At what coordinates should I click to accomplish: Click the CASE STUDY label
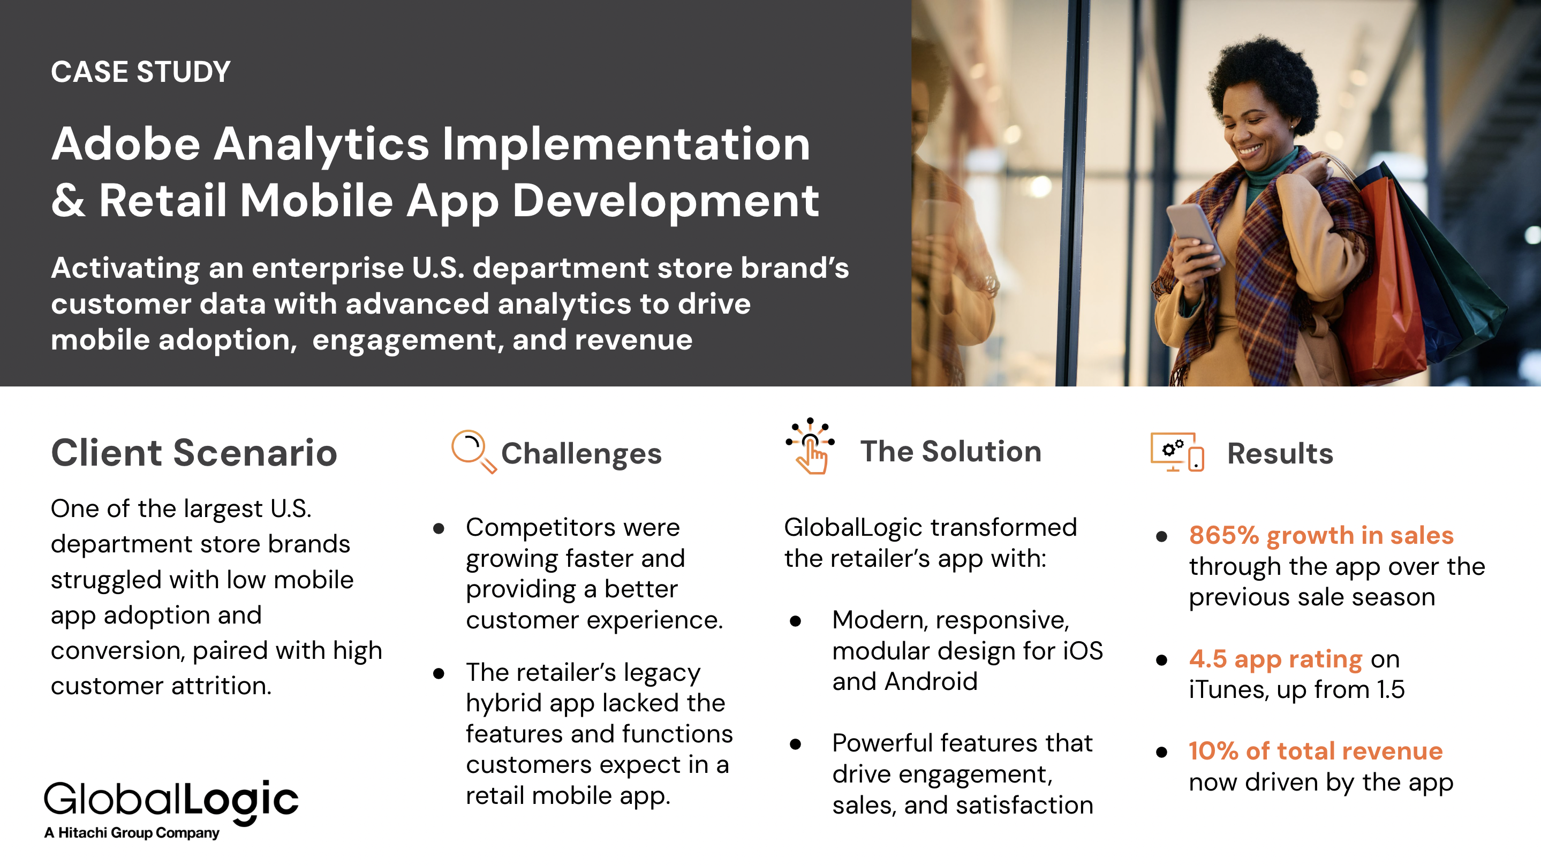pyautogui.click(x=141, y=72)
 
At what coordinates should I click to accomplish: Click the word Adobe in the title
pyautogui.click(x=126, y=144)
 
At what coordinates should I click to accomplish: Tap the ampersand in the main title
pyautogui.click(x=67, y=200)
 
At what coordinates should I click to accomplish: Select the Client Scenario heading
pyautogui.click(x=194, y=453)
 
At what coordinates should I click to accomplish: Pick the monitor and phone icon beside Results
pyautogui.click(x=1177, y=452)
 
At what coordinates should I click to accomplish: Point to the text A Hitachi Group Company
pyautogui.click(x=132, y=832)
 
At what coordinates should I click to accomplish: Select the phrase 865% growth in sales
pyautogui.click(x=1321, y=535)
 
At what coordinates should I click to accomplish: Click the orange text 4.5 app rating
pyautogui.click(x=1275, y=659)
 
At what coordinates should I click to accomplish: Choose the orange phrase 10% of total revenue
pyautogui.click(x=1316, y=751)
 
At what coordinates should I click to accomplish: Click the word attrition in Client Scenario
pyautogui.click(x=221, y=686)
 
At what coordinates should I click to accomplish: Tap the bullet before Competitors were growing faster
pyautogui.click(x=439, y=529)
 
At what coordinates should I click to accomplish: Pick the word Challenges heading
pyautogui.click(x=581, y=454)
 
